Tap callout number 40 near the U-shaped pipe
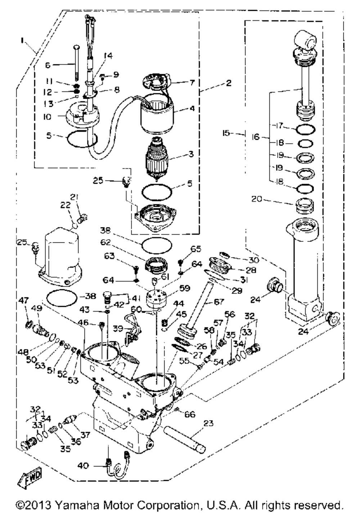click(x=83, y=466)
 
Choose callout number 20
click(x=256, y=198)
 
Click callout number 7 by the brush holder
click(x=192, y=83)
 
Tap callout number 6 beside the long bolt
click(x=48, y=65)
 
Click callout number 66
click(x=190, y=415)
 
